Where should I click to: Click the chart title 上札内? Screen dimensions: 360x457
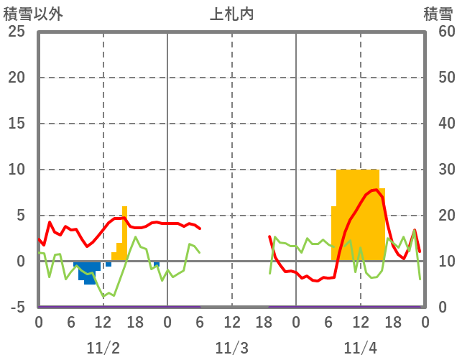coord(231,14)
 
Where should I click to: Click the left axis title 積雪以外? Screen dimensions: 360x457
coord(32,14)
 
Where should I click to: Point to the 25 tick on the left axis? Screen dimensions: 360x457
coord(16,32)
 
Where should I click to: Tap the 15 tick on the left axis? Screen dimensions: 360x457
coord(16,124)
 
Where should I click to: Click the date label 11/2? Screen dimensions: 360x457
coord(103,348)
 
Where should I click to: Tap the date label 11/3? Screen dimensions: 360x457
coord(231,348)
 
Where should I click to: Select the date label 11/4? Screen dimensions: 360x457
coord(360,348)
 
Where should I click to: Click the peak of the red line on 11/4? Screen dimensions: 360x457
coord(376,190)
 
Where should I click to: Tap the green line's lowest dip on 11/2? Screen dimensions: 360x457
coord(103,296)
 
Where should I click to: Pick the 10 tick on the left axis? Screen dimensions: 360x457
coord(16,170)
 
